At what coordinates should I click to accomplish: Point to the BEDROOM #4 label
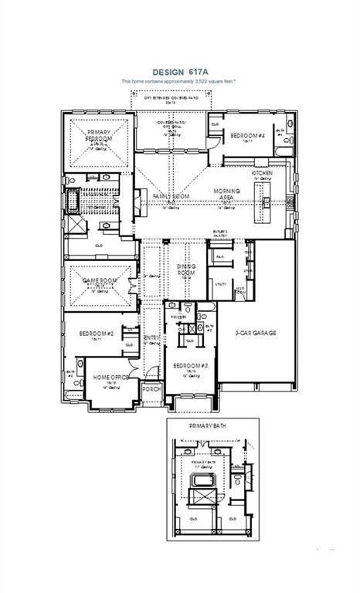point(247,136)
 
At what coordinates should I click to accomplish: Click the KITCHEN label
point(272,174)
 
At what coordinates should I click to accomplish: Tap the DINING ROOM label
point(185,269)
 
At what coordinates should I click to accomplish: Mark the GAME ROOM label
point(98,283)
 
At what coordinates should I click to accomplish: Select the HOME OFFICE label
point(110,378)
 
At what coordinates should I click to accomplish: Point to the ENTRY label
point(152,338)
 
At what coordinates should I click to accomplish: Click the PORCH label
point(152,389)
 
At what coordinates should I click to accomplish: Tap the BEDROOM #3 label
point(190,366)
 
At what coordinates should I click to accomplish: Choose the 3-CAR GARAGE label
point(256,334)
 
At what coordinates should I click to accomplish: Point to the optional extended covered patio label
point(167,99)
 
